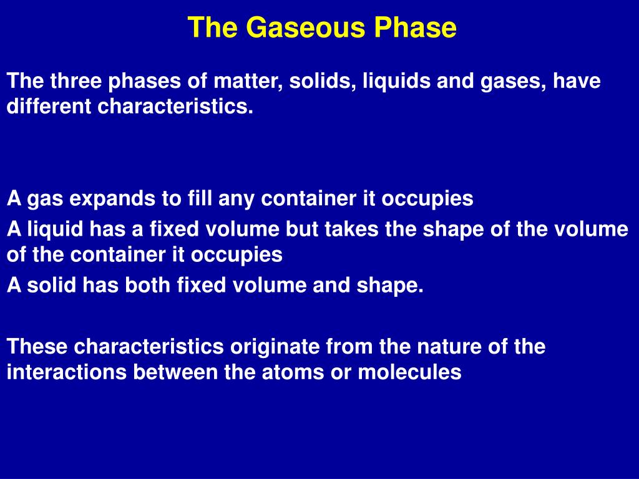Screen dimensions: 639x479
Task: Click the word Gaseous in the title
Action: click(306, 27)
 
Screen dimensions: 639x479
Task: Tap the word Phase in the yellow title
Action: click(416, 27)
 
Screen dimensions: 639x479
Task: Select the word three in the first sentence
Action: click(76, 80)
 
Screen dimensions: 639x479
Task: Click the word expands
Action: click(112, 199)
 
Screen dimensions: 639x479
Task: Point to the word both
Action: click(147, 284)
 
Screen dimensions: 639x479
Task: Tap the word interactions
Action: click(67, 372)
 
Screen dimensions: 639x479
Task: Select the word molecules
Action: click(409, 372)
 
